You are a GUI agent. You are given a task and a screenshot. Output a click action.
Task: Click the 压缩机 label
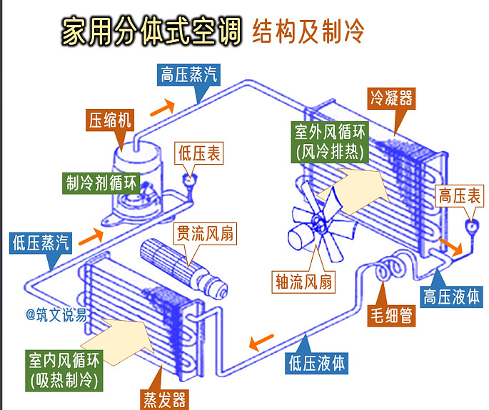click(x=109, y=120)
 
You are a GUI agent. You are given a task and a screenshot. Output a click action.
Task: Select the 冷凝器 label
click(x=391, y=98)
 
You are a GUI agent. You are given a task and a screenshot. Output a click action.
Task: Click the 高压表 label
click(x=460, y=196)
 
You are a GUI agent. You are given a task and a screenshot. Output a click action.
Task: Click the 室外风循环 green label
click(x=330, y=141)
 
